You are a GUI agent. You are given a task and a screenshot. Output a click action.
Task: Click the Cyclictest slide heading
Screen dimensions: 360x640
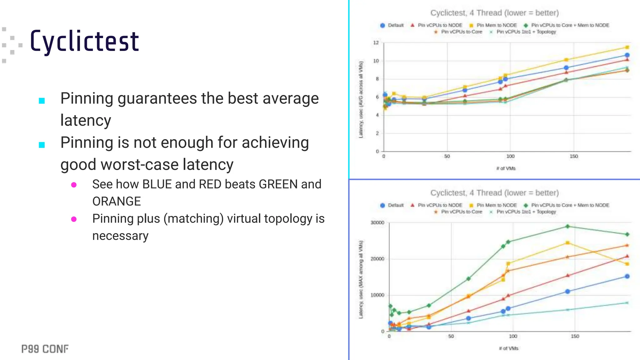tap(84, 41)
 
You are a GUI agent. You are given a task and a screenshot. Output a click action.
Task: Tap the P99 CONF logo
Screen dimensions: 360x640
tap(45, 349)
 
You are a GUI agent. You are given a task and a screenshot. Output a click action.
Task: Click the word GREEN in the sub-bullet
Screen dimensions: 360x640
tap(278, 184)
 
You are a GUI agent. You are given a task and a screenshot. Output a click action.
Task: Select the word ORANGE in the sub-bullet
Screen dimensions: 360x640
tap(117, 202)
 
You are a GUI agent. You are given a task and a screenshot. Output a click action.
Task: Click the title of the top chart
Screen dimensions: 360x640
tap(494, 13)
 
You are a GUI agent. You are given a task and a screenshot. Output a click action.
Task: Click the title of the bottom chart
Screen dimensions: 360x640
tap(494, 193)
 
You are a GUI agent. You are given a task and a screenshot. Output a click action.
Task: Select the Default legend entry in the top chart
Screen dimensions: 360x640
tap(392, 25)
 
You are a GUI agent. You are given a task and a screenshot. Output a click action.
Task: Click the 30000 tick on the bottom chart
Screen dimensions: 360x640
tap(377, 222)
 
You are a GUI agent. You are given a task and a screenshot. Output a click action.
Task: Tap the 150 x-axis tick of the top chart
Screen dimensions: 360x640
tap(574, 156)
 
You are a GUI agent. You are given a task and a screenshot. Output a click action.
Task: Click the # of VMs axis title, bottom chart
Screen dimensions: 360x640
tap(508, 348)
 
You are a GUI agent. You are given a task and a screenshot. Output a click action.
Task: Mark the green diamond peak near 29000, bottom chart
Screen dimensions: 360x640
tap(567, 226)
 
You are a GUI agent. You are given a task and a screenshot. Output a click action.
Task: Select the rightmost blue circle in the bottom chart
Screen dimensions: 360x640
tap(627, 276)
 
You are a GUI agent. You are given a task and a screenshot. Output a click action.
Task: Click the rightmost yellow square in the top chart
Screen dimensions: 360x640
tap(627, 47)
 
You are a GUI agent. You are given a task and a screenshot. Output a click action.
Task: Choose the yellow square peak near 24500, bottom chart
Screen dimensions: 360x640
tap(567, 243)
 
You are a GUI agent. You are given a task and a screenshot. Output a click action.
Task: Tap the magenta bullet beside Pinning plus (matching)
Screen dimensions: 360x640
tap(74, 219)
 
